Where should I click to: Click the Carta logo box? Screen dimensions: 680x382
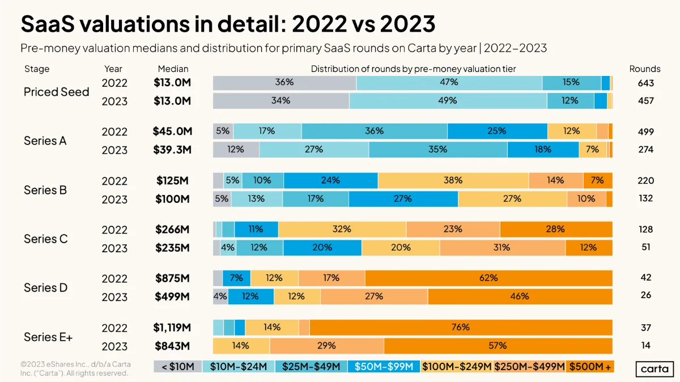coord(654,369)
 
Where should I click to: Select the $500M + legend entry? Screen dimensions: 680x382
coord(590,367)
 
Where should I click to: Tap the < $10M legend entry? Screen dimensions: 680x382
coord(177,367)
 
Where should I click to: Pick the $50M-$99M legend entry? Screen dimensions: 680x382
coord(384,367)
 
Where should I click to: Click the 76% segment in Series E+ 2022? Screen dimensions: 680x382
coord(461,328)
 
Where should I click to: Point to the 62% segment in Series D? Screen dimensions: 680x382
coord(488,278)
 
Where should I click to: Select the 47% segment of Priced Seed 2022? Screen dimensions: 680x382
coord(449,83)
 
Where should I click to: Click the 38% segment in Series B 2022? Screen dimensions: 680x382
coord(453,180)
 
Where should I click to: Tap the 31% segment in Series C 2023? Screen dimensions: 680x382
coord(503,248)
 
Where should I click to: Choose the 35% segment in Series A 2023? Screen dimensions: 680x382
coord(437,150)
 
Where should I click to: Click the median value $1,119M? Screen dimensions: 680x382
coord(172,328)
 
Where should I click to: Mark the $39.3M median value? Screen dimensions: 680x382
coord(172,150)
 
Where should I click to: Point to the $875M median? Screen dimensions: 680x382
coord(172,278)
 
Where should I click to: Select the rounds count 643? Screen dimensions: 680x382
coord(645,83)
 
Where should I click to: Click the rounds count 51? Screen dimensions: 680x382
coord(645,247)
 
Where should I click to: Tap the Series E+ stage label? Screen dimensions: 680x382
coord(48,337)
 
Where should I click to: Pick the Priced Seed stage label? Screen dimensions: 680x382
coord(57,92)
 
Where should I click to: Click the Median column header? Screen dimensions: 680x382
coord(173,69)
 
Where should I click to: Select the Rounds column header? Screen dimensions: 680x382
coord(645,69)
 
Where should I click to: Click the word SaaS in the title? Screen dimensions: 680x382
coord(48,24)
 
